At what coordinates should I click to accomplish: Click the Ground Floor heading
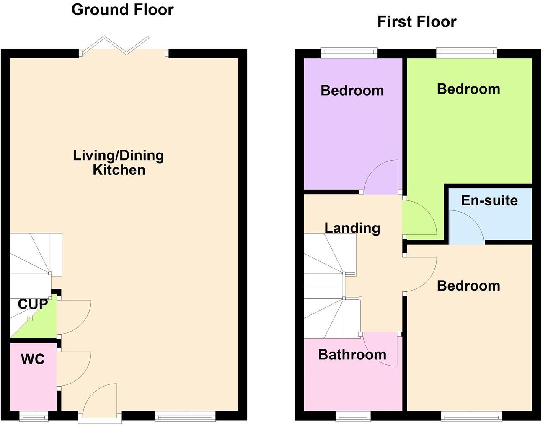(x=122, y=10)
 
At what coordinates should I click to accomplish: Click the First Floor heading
(x=416, y=21)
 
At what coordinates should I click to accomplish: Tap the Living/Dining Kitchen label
(x=119, y=163)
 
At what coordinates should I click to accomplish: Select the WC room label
(x=33, y=359)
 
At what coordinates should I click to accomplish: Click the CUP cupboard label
(x=32, y=304)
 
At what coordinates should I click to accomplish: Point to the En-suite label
(x=489, y=200)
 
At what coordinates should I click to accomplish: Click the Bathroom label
(x=352, y=355)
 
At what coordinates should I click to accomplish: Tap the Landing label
(x=352, y=228)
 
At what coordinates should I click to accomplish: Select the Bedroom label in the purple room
(x=352, y=91)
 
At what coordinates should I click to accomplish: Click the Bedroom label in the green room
(x=468, y=89)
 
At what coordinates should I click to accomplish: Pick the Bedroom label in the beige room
(x=468, y=286)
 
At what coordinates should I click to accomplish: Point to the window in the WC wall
(x=34, y=416)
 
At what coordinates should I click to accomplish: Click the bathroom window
(x=353, y=416)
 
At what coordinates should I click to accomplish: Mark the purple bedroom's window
(x=349, y=53)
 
